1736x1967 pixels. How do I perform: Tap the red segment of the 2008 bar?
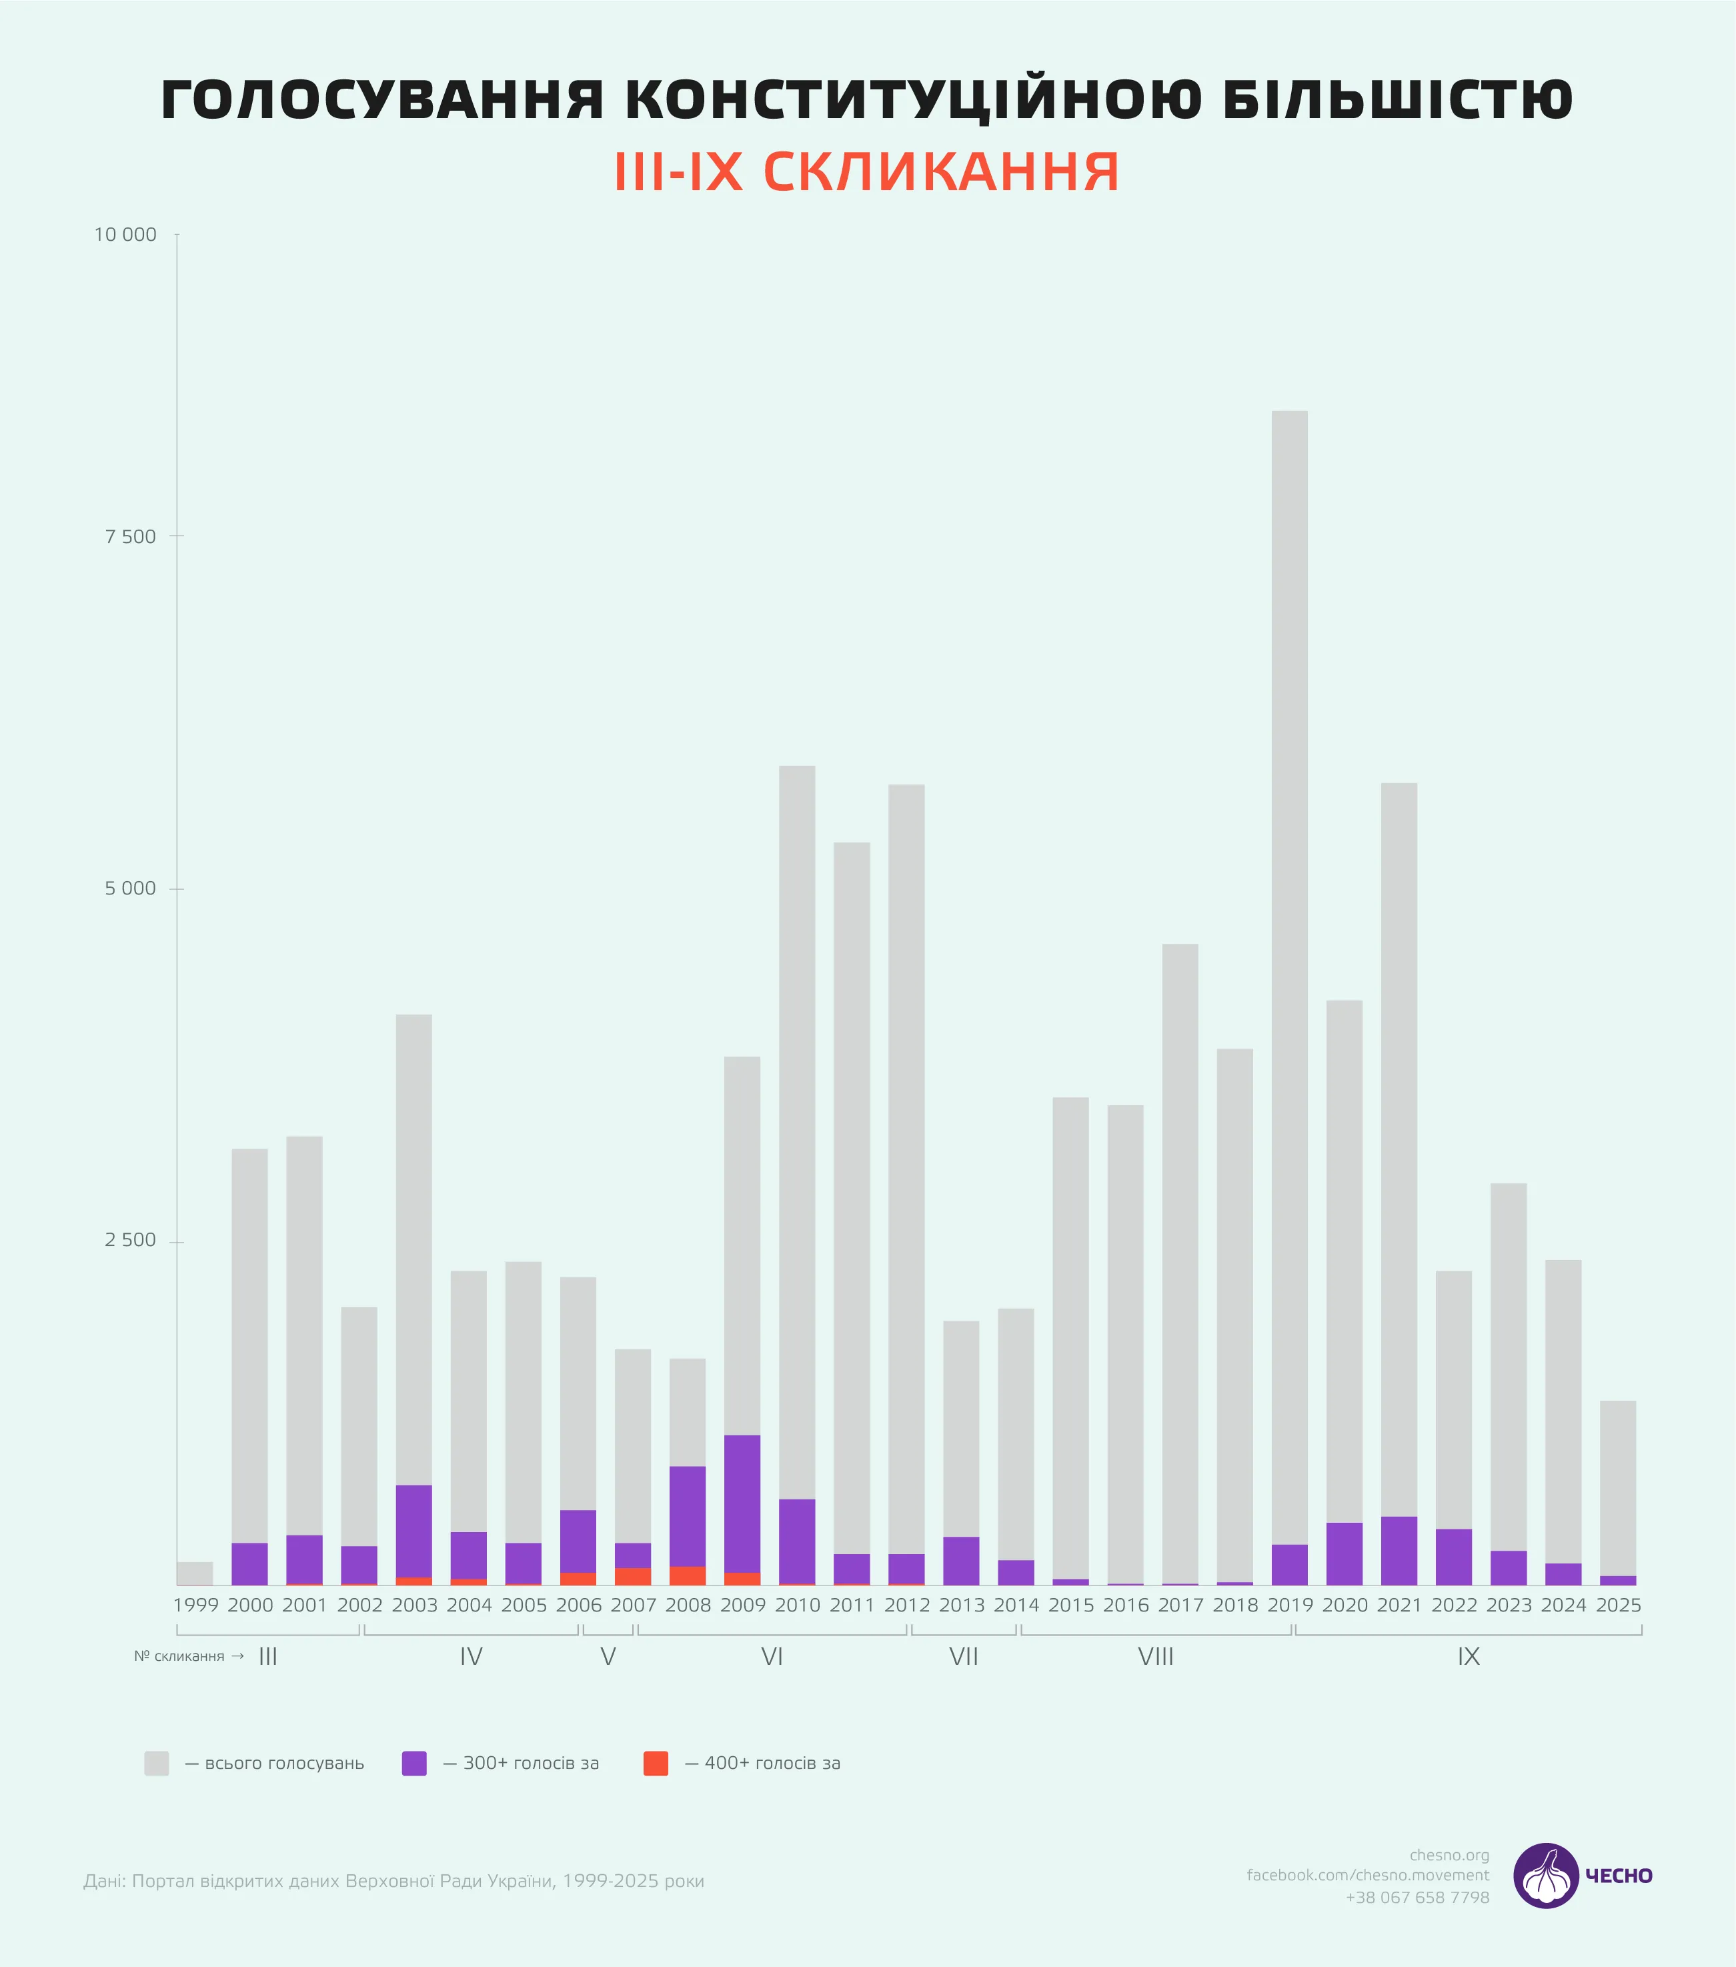687,1575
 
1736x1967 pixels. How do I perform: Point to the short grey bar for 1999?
194,1573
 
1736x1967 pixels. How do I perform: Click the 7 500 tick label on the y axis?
130,537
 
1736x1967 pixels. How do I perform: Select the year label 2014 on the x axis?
1016,1605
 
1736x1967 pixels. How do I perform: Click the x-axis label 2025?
1618,1605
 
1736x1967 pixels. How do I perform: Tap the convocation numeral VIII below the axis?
1156,1657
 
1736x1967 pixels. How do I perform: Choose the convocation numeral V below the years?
607,1657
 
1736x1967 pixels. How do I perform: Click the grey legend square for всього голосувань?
157,1763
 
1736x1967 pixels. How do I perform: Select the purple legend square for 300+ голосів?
413,1763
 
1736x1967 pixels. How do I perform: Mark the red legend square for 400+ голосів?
656,1763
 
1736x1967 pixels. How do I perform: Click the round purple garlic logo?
1545,1876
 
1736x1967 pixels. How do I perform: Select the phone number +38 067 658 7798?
1417,1898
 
